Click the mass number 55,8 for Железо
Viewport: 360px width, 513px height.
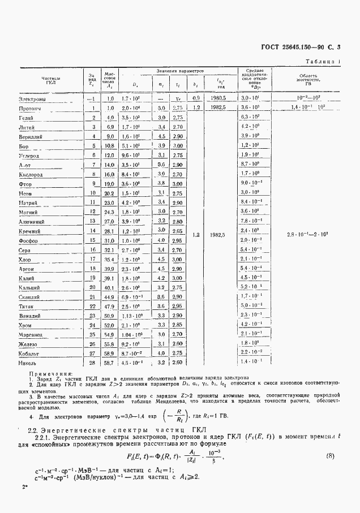[109, 343]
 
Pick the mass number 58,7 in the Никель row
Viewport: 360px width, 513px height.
[109, 362]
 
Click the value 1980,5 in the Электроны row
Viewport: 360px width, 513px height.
[217, 99]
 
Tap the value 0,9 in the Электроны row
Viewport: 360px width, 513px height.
[197, 99]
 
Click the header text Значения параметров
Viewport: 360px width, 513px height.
[181, 71]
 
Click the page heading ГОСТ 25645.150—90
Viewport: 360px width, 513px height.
[301, 48]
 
